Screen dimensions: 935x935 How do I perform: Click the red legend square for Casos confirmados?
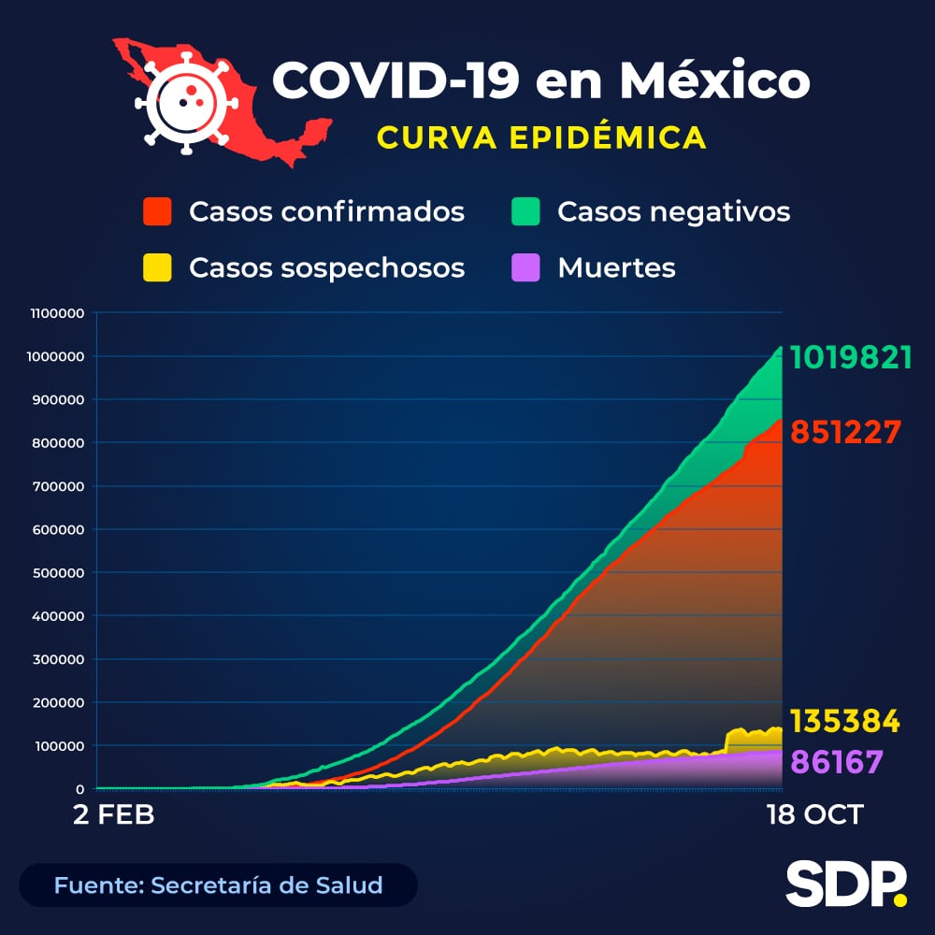(157, 211)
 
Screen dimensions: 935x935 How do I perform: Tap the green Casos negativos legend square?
(526, 211)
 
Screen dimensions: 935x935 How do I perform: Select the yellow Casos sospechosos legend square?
(157, 267)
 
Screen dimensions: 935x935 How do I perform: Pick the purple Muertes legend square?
(526, 267)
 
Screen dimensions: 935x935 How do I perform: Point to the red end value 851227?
(845, 432)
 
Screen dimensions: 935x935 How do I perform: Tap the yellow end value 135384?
(845, 722)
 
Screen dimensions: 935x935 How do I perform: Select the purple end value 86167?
(837, 761)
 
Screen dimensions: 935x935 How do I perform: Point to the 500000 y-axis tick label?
(59, 572)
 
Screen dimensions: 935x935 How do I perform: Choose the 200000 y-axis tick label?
(59, 702)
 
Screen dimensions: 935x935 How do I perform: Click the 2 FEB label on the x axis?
(114, 814)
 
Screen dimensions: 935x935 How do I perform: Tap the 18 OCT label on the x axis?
(813, 814)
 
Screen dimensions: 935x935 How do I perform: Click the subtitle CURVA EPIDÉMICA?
(541, 137)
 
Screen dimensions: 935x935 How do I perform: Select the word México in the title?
(714, 80)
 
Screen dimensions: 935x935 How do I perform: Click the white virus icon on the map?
(184, 101)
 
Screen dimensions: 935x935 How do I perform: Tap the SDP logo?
(845, 884)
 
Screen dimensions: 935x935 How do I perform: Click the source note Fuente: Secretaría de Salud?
(218, 885)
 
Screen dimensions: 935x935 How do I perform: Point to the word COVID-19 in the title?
(395, 80)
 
